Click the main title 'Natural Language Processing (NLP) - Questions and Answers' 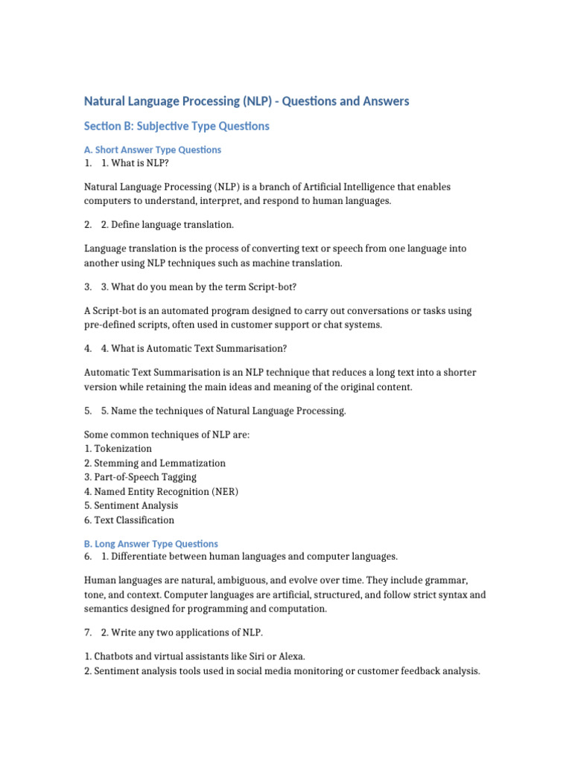(x=247, y=101)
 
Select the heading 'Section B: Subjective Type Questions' (x=177, y=127)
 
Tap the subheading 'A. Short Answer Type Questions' (x=153, y=150)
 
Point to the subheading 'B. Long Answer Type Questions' (x=151, y=544)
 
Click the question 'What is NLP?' (x=135, y=163)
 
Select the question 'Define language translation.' (x=168, y=225)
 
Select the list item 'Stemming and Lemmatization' (x=155, y=463)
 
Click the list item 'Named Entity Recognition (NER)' (x=162, y=491)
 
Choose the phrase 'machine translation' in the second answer (x=296, y=263)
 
